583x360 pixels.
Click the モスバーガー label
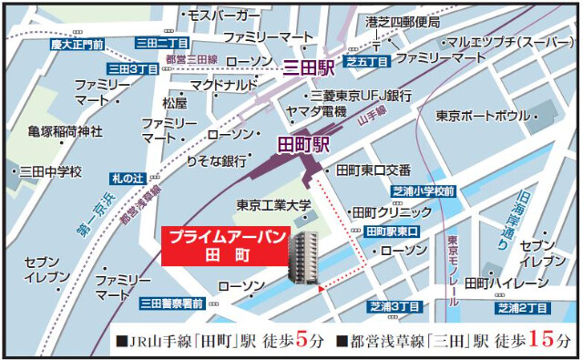[x=223, y=15]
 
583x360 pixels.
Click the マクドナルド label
[x=223, y=84]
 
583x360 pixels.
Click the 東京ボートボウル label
[x=482, y=117]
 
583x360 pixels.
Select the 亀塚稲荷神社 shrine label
[x=65, y=131]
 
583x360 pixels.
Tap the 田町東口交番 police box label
[x=373, y=170]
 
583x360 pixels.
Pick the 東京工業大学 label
[x=274, y=205]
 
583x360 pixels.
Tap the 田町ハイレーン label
[x=506, y=283]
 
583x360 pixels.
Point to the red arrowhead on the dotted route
[x=322, y=290]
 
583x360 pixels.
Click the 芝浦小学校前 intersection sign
[x=424, y=192]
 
